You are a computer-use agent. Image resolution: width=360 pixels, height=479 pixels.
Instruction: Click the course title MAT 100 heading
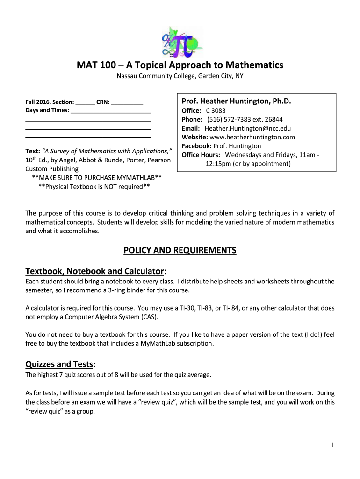[x=180, y=65]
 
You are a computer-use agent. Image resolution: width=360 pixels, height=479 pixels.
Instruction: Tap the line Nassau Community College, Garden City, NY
[x=180, y=76]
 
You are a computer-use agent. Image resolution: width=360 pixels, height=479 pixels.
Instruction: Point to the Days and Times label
[x=47, y=110]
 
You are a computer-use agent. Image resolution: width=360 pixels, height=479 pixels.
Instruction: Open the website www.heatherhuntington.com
[x=252, y=137]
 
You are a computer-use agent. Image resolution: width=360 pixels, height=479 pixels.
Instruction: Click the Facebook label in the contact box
[x=197, y=146]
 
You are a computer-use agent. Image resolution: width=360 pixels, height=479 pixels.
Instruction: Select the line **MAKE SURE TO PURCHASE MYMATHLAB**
[x=97, y=178]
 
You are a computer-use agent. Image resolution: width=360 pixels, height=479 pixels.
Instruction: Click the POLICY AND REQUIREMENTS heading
[x=180, y=251]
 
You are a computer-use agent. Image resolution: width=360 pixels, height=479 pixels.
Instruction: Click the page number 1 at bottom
[x=332, y=445]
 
